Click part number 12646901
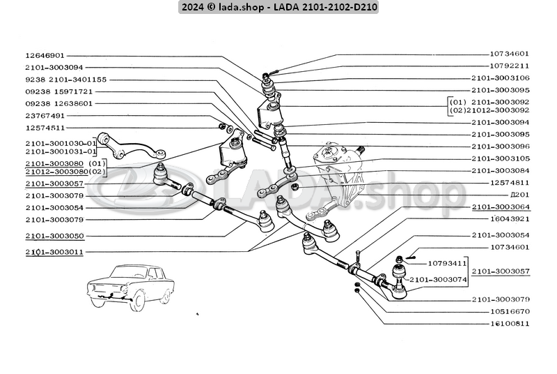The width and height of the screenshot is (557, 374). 45,56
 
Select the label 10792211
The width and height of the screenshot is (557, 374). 510,66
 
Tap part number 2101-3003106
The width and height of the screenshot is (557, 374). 500,78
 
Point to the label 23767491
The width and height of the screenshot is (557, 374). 45,116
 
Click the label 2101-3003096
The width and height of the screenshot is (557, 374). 500,147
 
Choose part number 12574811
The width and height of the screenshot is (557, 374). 510,183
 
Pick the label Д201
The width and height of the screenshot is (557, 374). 519,195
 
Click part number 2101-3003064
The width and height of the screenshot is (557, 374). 500,207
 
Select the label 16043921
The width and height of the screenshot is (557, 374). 510,219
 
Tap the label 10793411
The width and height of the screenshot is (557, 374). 447,263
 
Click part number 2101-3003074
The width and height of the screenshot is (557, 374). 438,280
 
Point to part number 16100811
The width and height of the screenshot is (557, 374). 510,324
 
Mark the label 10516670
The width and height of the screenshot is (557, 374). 510,311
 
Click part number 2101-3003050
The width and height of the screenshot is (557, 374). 54,236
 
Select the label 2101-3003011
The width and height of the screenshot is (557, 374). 54,252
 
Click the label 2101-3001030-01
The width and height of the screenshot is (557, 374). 61,144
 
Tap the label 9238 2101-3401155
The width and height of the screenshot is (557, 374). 65,80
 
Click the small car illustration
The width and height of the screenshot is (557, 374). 131,287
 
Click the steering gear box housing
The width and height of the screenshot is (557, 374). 338,174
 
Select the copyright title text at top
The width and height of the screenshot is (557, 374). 278,7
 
